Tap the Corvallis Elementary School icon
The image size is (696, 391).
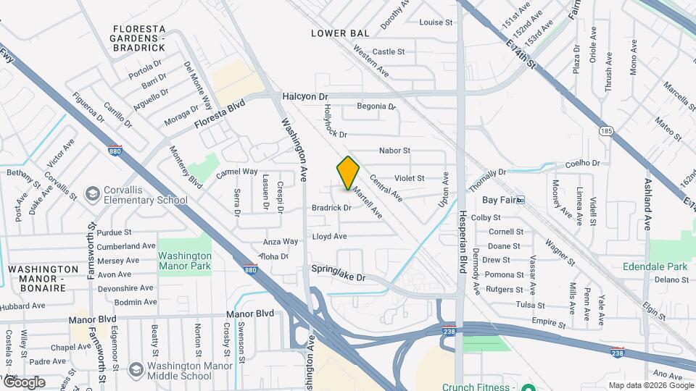pyautogui.click(x=92, y=194)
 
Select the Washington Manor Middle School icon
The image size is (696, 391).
pyautogui.click(x=135, y=370)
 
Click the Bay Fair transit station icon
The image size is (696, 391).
pyautogui.click(x=520, y=200)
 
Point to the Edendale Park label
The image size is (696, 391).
pyautogui.click(x=655, y=266)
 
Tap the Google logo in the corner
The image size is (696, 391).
pyautogui.click(x=24, y=382)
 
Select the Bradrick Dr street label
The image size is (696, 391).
pyautogui.click(x=331, y=208)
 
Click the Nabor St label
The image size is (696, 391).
pyautogui.click(x=394, y=151)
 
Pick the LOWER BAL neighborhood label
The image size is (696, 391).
pyautogui.click(x=340, y=33)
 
